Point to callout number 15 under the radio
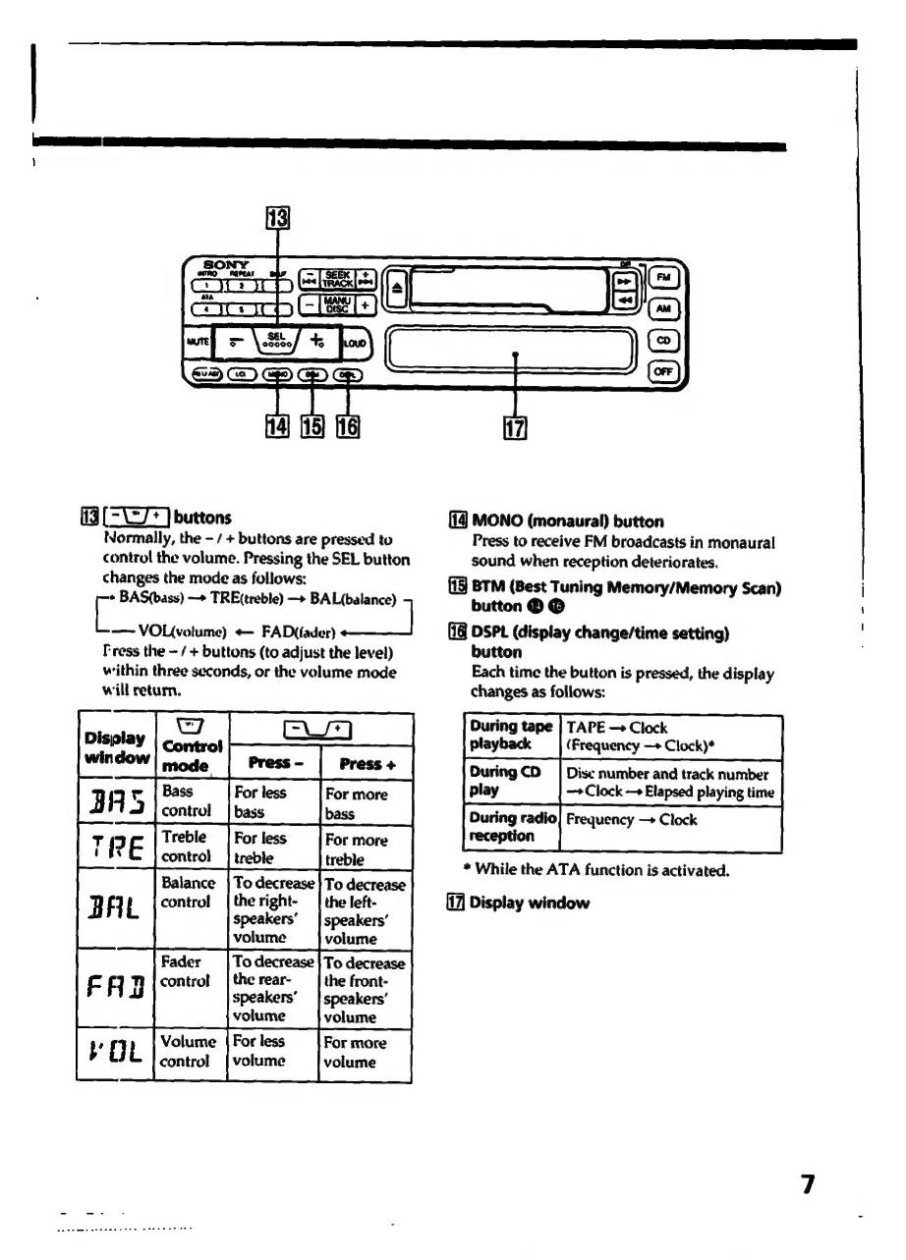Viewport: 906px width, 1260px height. pos(311,428)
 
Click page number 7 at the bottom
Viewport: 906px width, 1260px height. pos(808,1183)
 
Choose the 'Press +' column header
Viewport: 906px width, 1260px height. pos(364,761)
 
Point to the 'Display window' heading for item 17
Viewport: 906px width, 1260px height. pos(529,903)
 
